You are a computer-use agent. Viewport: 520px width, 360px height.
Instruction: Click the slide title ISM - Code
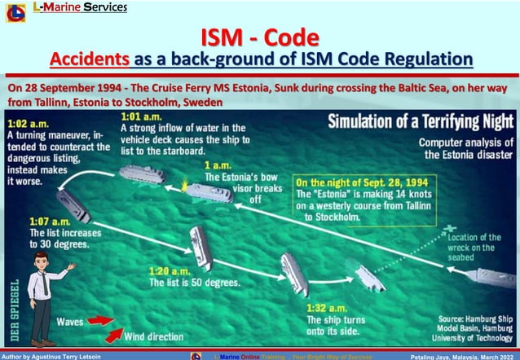(x=260, y=37)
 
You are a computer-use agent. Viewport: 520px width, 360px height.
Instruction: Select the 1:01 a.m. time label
(x=140, y=116)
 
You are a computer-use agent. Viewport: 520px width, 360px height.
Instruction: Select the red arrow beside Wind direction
(x=113, y=334)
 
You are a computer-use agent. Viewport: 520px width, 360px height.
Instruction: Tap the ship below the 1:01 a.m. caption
(x=141, y=173)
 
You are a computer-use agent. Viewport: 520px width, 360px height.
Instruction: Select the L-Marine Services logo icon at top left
(x=15, y=11)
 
